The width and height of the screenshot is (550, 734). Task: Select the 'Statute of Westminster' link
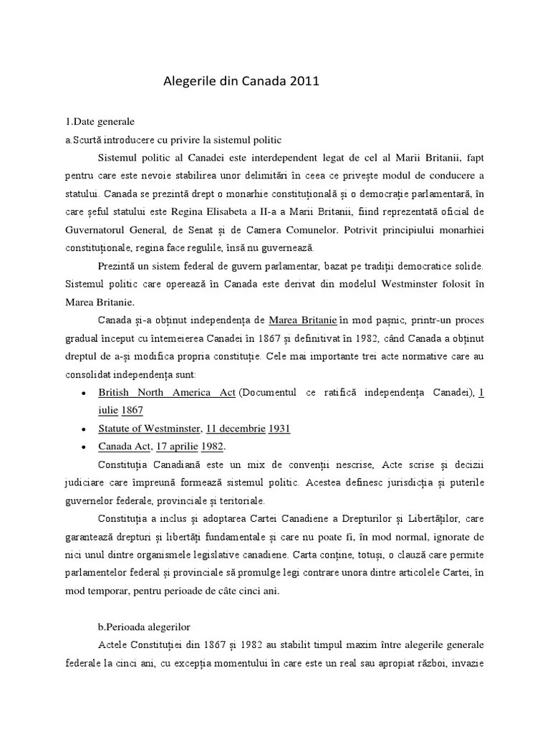click(x=149, y=429)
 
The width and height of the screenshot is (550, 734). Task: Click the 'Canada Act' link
click(x=123, y=447)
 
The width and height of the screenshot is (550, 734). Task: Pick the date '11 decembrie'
click(x=236, y=429)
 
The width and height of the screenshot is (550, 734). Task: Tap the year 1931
click(x=280, y=429)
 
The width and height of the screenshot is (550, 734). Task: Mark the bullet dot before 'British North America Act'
click(x=85, y=394)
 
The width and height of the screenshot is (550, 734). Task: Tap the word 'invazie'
click(x=468, y=663)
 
